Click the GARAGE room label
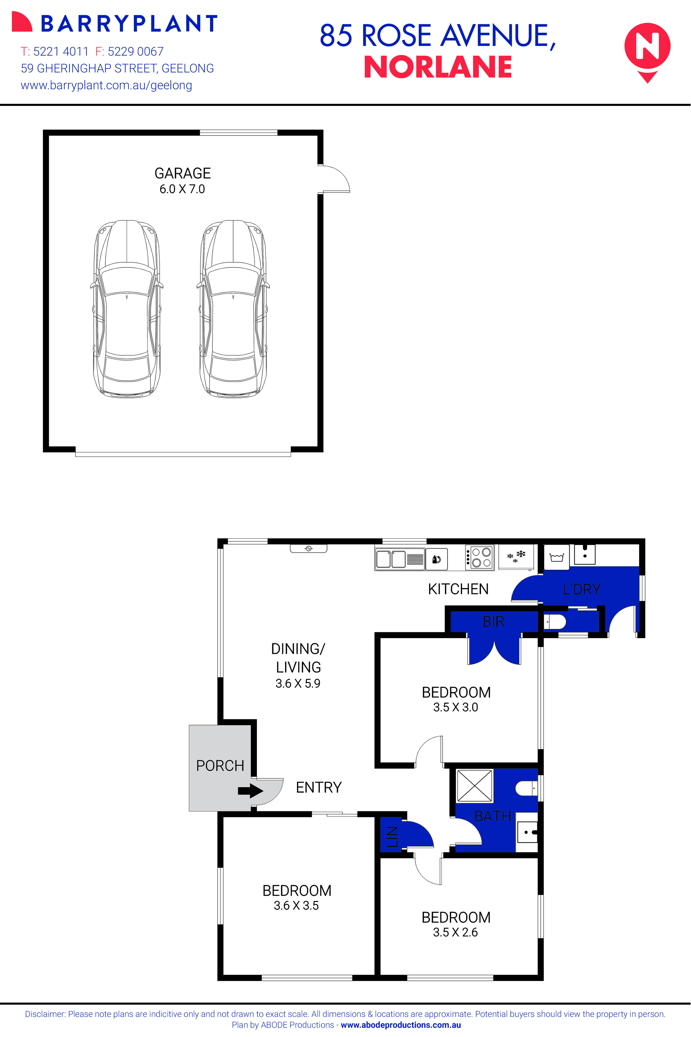tap(182, 173)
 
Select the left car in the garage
tap(127, 308)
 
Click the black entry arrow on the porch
tap(250, 791)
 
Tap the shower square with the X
tap(475, 786)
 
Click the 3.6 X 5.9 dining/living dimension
tap(298, 683)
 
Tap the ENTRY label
tap(319, 787)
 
